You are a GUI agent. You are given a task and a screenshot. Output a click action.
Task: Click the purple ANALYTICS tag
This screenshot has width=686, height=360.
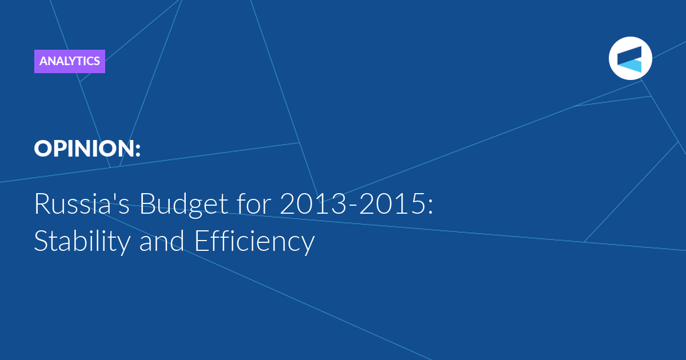coord(70,61)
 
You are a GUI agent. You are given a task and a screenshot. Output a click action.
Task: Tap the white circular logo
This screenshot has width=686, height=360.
coord(630,58)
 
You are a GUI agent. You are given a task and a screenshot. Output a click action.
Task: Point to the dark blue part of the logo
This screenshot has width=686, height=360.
coord(630,55)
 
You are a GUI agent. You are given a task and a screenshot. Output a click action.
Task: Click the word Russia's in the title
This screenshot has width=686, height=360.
coord(82,203)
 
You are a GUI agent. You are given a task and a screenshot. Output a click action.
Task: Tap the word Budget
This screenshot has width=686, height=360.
coord(184,205)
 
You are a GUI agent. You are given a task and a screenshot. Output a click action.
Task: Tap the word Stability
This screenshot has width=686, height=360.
coord(82,241)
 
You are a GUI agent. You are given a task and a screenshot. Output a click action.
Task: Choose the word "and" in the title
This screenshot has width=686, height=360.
coord(162,241)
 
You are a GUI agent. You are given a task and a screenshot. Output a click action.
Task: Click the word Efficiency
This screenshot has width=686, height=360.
coord(255,241)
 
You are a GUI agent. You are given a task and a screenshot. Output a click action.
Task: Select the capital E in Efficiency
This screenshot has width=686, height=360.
coord(201,241)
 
